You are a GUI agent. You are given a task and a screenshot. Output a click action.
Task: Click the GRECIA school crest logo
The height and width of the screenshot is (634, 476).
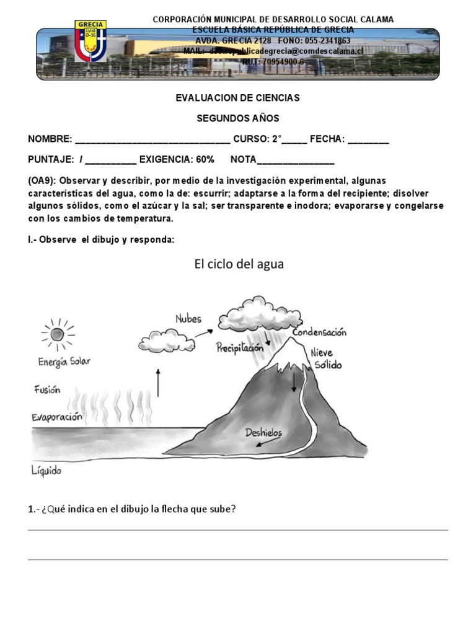click(x=90, y=41)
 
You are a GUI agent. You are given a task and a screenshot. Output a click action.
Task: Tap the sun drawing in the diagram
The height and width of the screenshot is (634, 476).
click(x=57, y=335)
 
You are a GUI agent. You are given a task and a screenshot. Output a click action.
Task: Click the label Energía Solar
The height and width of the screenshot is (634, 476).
click(x=64, y=362)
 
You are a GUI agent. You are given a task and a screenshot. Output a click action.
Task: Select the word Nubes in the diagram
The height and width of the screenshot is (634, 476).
click(x=188, y=319)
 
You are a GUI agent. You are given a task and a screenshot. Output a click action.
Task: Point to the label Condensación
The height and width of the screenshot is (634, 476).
click(x=319, y=332)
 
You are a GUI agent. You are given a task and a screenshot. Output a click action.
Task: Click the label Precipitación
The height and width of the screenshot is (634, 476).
click(x=240, y=348)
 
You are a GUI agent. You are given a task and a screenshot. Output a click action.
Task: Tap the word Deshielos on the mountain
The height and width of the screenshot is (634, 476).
click(x=263, y=432)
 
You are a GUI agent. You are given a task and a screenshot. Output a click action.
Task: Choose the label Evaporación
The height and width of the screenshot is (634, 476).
click(x=57, y=417)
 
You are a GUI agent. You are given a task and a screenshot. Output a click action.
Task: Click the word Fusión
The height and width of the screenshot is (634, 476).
click(x=47, y=390)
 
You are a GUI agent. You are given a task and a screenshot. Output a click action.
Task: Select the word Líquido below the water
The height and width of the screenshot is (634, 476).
click(x=46, y=471)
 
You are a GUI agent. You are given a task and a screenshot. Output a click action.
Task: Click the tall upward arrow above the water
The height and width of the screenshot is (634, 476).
click(x=159, y=382)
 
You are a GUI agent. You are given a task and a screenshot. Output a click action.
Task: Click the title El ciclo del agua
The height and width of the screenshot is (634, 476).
click(x=239, y=264)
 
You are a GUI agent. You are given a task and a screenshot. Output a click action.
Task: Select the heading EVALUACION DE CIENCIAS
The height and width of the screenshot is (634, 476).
click(x=238, y=98)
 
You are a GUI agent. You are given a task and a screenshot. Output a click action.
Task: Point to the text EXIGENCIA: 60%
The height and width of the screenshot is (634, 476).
click(x=177, y=160)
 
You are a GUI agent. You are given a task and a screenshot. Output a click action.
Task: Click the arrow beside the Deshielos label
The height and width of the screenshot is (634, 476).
click(x=266, y=443)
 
